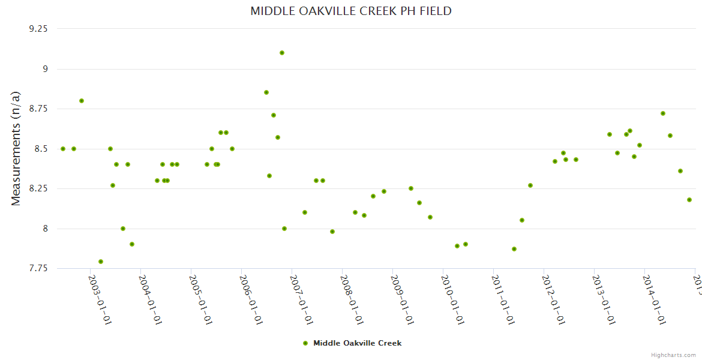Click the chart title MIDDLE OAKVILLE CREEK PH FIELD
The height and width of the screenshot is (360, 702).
pos(351,11)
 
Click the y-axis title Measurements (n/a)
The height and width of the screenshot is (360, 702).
pos(16,148)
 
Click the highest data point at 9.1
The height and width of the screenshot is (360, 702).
pos(282,53)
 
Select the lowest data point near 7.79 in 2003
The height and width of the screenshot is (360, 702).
pos(101,262)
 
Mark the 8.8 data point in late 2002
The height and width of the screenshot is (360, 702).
pos(82,101)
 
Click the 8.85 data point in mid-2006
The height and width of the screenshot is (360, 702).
pos(266,92)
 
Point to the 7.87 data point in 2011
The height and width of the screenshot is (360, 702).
pos(514,249)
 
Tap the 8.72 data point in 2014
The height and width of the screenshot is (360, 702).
pos(663,113)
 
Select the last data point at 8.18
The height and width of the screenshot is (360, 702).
pos(689,200)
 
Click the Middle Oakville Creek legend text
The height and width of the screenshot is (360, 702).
pos(357,343)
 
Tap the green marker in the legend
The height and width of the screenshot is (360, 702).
pos(305,343)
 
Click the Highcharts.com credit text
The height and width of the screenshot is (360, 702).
pos(674,355)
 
